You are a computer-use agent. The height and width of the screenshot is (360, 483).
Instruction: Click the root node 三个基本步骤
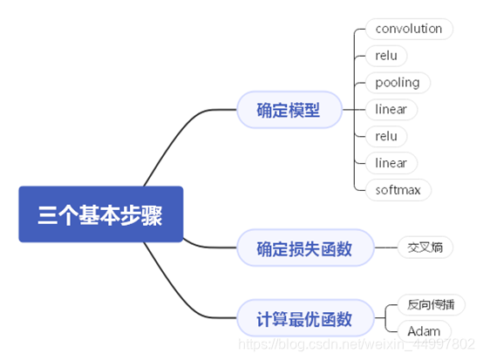pyautogui.click(x=100, y=214)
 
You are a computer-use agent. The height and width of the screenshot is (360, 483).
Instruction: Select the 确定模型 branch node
pyautogui.click(x=288, y=110)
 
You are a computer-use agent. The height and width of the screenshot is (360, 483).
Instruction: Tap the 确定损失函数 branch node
pyautogui.click(x=303, y=248)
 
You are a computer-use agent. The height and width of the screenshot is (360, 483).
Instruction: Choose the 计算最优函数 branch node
pyautogui.click(x=303, y=319)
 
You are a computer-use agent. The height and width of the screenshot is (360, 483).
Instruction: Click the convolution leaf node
pyautogui.click(x=408, y=29)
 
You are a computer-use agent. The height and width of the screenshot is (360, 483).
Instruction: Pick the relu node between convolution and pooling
pyautogui.click(x=385, y=56)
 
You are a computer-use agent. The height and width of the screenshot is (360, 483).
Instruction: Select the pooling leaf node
pyautogui.click(x=397, y=83)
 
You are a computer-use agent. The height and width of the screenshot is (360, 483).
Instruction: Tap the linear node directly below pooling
pyautogui.click(x=390, y=110)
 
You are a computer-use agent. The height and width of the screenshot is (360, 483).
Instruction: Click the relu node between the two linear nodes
pyautogui.click(x=385, y=137)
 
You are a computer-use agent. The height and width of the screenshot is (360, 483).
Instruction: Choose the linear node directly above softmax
pyautogui.click(x=390, y=163)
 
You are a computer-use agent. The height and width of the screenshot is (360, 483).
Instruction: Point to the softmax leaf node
pyautogui.click(x=398, y=190)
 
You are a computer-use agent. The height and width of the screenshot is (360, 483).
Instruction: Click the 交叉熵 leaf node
pyautogui.click(x=425, y=248)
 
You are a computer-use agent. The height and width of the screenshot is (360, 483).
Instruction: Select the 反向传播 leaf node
pyautogui.click(x=430, y=305)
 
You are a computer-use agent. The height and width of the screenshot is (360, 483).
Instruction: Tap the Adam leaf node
pyautogui.click(x=424, y=332)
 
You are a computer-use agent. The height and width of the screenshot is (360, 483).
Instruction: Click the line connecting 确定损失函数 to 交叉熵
pyautogui.click(x=384, y=248)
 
